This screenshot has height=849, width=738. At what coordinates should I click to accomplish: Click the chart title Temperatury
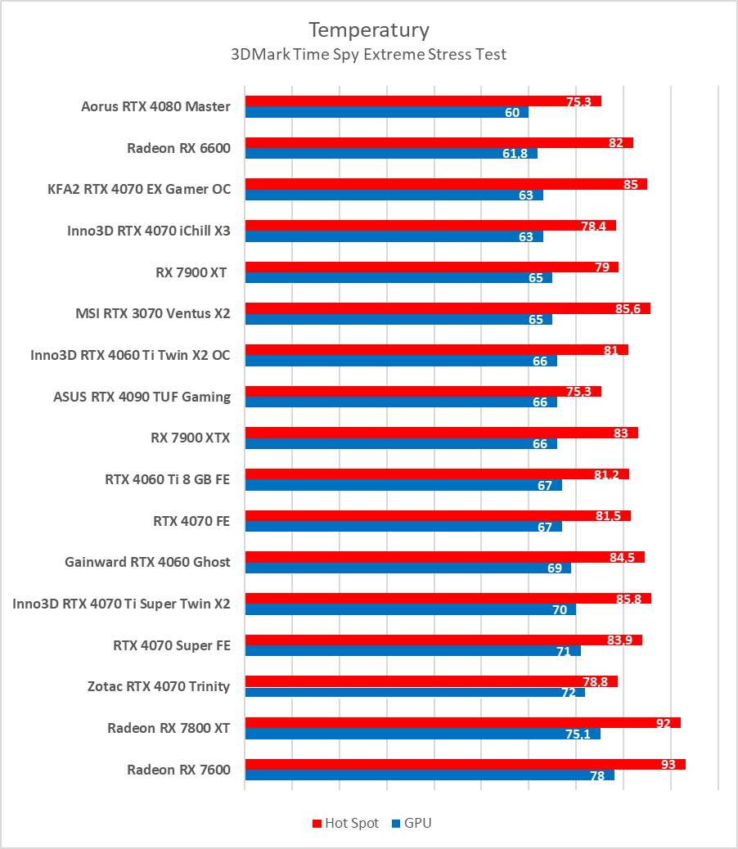click(368, 30)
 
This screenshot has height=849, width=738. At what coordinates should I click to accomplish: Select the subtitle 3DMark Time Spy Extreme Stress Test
click(368, 55)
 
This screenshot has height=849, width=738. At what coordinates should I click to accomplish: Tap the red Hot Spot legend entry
click(345, 823)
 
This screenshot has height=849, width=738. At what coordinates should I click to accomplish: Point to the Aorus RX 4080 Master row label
click(155, 106)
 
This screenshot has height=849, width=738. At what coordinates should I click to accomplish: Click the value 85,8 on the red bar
click(628, 599)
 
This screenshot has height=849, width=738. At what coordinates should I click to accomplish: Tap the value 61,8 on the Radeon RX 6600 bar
click(513, 153)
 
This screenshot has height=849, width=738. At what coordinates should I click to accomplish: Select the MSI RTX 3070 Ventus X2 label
click(152, 313)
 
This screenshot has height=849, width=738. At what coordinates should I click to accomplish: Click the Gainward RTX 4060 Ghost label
click(147, 562)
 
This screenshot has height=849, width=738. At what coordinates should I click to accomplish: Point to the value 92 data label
click(663, 723)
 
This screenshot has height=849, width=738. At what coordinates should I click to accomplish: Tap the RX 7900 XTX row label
click(190, 438)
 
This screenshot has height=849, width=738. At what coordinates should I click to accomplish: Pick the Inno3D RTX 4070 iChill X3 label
click(148, 231)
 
